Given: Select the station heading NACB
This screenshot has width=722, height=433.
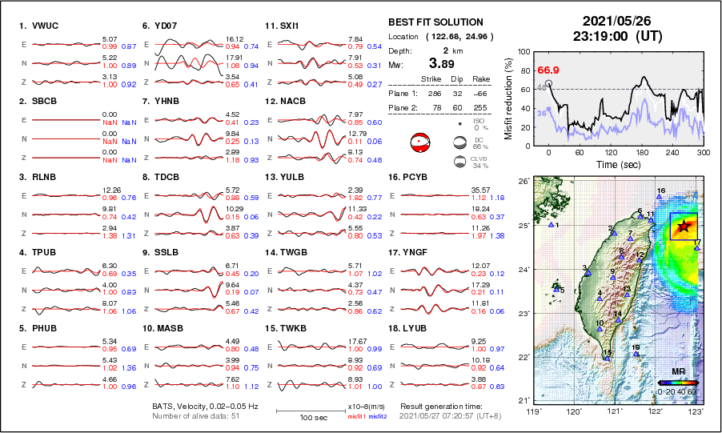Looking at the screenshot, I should tap(298, 102).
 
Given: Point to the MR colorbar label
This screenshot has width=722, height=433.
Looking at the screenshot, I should tap(677, 372).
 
